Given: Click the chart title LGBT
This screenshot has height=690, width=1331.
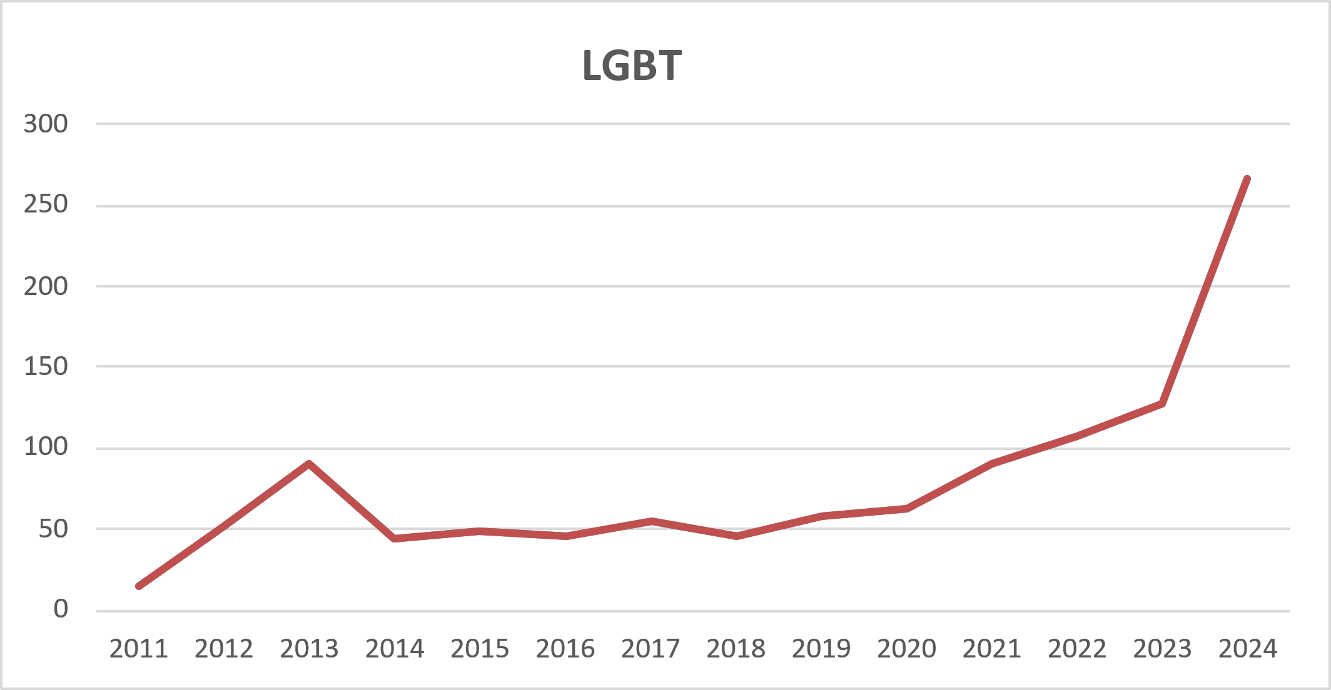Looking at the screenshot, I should click(x=632, y=66).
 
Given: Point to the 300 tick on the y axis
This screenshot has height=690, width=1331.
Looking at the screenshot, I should click(x=46, y=124).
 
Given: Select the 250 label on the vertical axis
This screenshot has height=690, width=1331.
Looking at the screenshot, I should click(x=46, y=204).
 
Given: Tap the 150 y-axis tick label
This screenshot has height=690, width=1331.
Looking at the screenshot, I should click(x=46, y=366).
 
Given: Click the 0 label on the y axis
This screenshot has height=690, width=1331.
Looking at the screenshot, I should click(x=61, y=609).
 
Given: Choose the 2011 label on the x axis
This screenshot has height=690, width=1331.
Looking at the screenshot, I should click(x=139, y=649).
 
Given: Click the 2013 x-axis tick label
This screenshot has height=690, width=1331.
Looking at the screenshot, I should click(x=309, y=649).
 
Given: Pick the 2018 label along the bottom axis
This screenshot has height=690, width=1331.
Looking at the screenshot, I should click(x=736, y=649).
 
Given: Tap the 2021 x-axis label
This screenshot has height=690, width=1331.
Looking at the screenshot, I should click(x=991, y=649).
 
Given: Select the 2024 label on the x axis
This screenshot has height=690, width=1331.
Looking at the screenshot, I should click(x=1248, y=649).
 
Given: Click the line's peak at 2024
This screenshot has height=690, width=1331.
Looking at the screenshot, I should click(x=1247, y=179).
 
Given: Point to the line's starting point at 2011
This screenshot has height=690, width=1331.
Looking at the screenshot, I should click(x=139, y=586).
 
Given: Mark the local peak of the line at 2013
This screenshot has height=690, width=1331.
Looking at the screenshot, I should click(x=309, y=464).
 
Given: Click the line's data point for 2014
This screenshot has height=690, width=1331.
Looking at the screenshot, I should click(x=395, y=537).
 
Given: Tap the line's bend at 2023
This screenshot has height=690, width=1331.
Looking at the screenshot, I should click(x=1161, y=404).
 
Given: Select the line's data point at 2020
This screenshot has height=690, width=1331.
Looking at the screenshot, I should click(x=906, y=509).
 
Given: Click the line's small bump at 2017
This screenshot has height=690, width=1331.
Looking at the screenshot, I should click(x=650, y=521).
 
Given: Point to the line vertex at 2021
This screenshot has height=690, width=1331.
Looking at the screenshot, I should click(x=991, y=464).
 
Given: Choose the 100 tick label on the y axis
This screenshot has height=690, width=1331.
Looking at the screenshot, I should click(x=46, y=447).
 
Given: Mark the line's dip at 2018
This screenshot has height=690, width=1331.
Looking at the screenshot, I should click(x=736, y=536).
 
